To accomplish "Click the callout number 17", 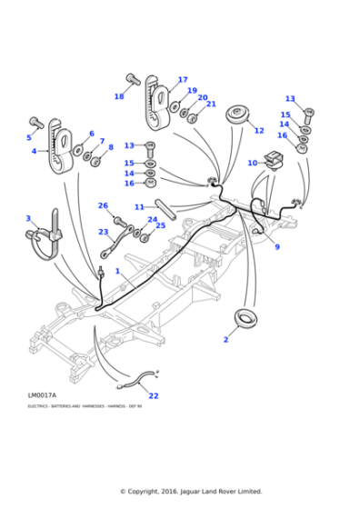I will point(183,80).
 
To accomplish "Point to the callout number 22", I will point(154,395).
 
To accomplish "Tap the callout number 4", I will point(34,151).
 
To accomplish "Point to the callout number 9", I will point(276,246).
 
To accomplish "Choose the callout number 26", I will point(103,205).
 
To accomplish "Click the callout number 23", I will point(103,232).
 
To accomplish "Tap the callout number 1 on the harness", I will point(117,271).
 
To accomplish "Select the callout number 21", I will point(211,104).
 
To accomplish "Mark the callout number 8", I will point(111,147).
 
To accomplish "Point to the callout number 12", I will point(259,131).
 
